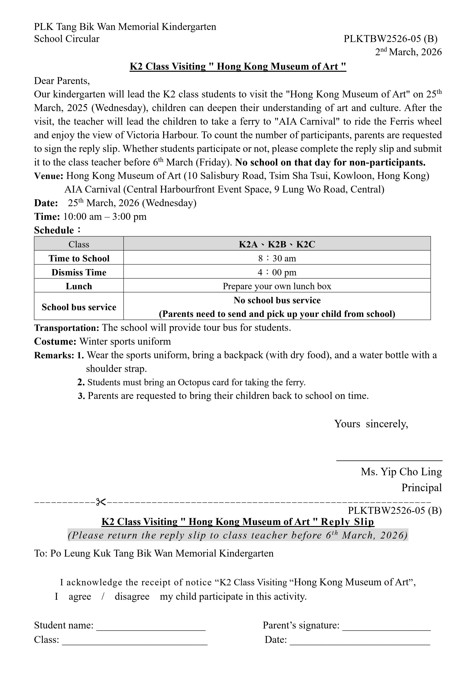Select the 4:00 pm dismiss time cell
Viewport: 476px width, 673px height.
(277, 272)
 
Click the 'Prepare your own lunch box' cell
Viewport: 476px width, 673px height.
(277, 286)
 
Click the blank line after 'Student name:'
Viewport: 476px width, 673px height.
(151, 630)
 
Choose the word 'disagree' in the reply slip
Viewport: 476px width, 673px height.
(132, 596)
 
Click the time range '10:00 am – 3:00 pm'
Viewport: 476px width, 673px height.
(105, 217)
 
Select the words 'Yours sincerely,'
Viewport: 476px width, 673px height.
(371, 424)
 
